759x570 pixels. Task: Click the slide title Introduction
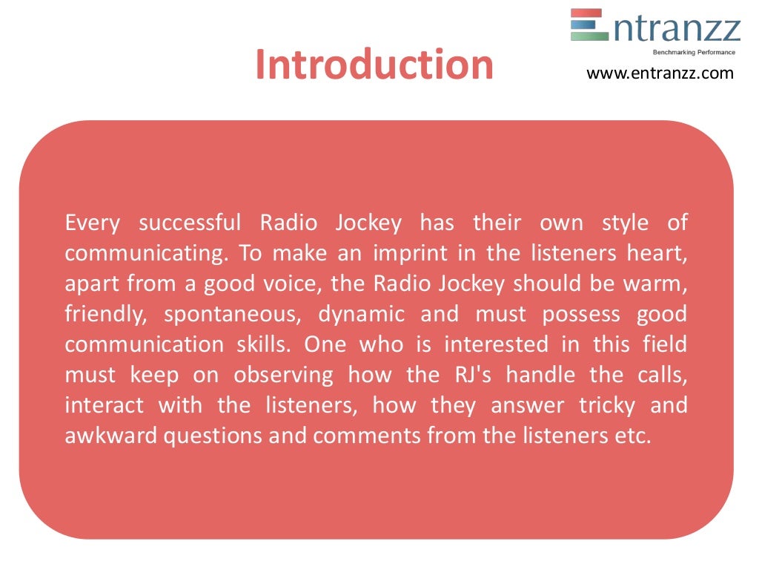(x=374, y=65)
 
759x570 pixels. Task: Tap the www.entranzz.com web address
(x=660, y=73)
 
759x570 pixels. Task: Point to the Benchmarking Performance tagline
(x=693, y=52)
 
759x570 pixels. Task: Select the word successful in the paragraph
(x=190, y=223)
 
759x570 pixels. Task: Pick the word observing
(x=284, y=375)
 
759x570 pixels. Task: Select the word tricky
(x=607, y=406)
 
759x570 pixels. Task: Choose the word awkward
(x=110, y=436)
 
